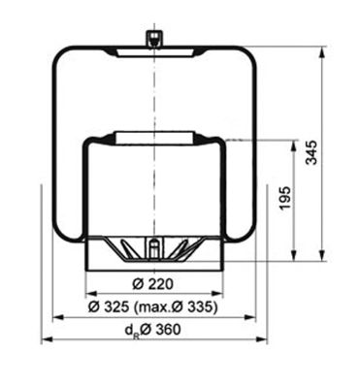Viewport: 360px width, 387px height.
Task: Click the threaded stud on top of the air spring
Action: (152, 38)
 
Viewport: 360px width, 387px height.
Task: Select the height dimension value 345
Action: (338, 150)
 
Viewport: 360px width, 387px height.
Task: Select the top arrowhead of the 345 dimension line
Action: (321, 47)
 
